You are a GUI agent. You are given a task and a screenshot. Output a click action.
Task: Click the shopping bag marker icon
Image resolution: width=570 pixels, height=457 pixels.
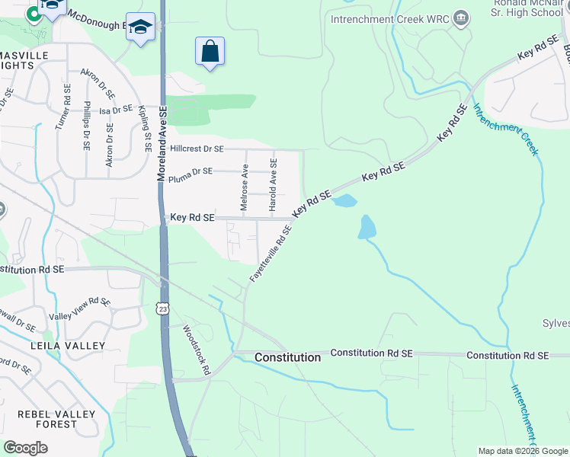coord(210,52)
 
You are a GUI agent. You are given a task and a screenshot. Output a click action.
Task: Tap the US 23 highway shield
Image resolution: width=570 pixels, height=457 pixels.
coord(162,308)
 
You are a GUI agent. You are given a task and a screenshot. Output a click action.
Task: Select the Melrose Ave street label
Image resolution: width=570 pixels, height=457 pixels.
coord(245,187)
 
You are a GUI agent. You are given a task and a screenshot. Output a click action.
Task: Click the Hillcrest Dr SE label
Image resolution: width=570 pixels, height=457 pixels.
coord(197,149)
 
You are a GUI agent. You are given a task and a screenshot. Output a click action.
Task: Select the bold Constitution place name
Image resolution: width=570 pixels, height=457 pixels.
coord(287,357)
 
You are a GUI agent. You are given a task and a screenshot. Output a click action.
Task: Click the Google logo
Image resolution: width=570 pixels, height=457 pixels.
coord(25,448)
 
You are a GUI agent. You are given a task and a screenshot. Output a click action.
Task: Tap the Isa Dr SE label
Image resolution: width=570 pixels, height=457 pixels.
coord(117,110)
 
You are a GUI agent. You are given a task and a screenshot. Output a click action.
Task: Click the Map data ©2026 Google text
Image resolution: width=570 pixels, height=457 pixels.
coord(522,451)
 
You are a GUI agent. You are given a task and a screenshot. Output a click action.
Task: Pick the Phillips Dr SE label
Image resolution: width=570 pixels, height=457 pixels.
coord(87,124)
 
